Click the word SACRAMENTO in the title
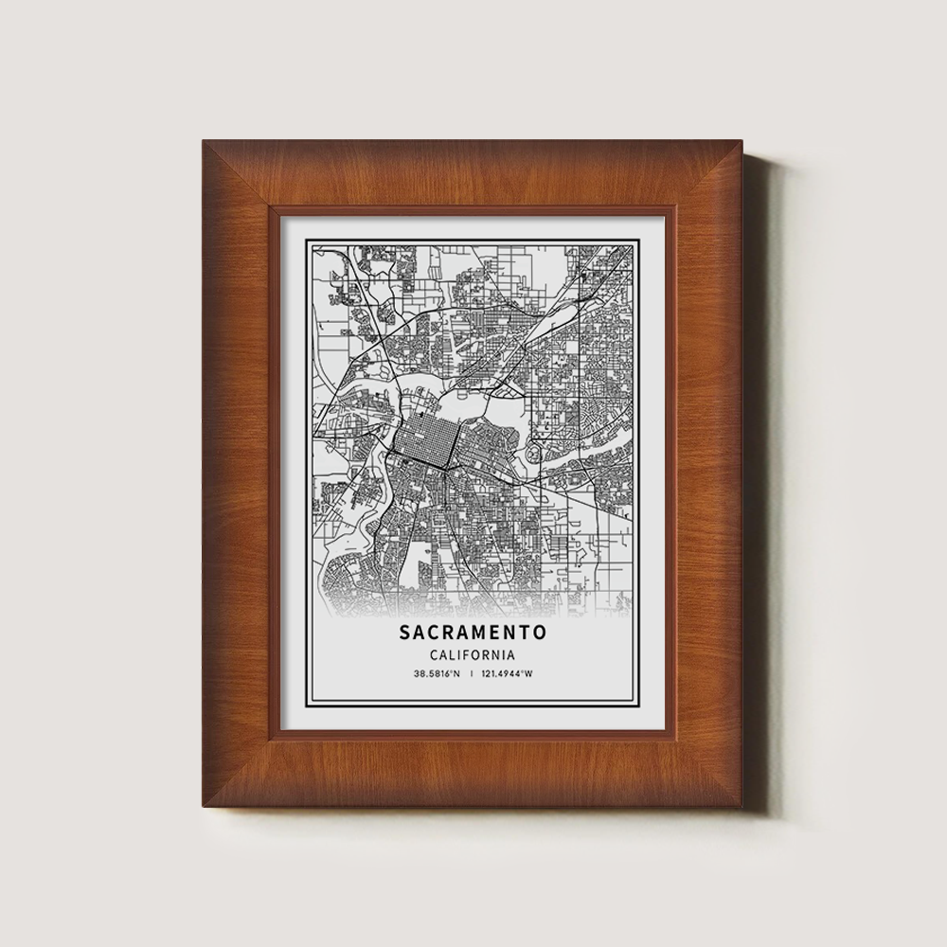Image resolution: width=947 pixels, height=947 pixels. pyautogui.click(x=473, y=631)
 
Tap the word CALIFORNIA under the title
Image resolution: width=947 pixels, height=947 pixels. pyautogui.click(x=473, y=654)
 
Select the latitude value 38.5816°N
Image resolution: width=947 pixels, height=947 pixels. pyautogui.click(x=437, y=674)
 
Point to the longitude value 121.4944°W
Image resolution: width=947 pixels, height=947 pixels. pyautogui.click(x=507, y=674)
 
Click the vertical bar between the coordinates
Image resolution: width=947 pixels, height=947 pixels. pyautogui.click(x=472, y=674)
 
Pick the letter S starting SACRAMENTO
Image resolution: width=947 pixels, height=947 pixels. pyautogui.click(x=405, y=631)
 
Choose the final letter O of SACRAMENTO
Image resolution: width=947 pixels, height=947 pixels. pyautogui.click(x=539, y=631)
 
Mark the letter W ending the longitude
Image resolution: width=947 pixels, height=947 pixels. pyautogui.click(x=528, y=674)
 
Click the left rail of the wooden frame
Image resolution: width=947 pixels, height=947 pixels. pyautogui.click(x=237, y=473)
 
